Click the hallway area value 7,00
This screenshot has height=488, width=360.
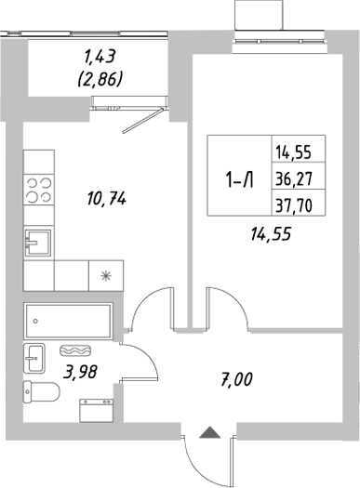click(237, 379)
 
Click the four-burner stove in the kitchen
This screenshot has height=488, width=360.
click(37, 190)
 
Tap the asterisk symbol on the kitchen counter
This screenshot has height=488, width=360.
click(104, 275)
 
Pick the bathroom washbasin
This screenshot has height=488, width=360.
click(34, 355)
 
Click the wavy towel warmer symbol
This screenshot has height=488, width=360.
click(74, 350)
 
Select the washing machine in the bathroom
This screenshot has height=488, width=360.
click(97, 409)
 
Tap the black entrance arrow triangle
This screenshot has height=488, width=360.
click(210, 431)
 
